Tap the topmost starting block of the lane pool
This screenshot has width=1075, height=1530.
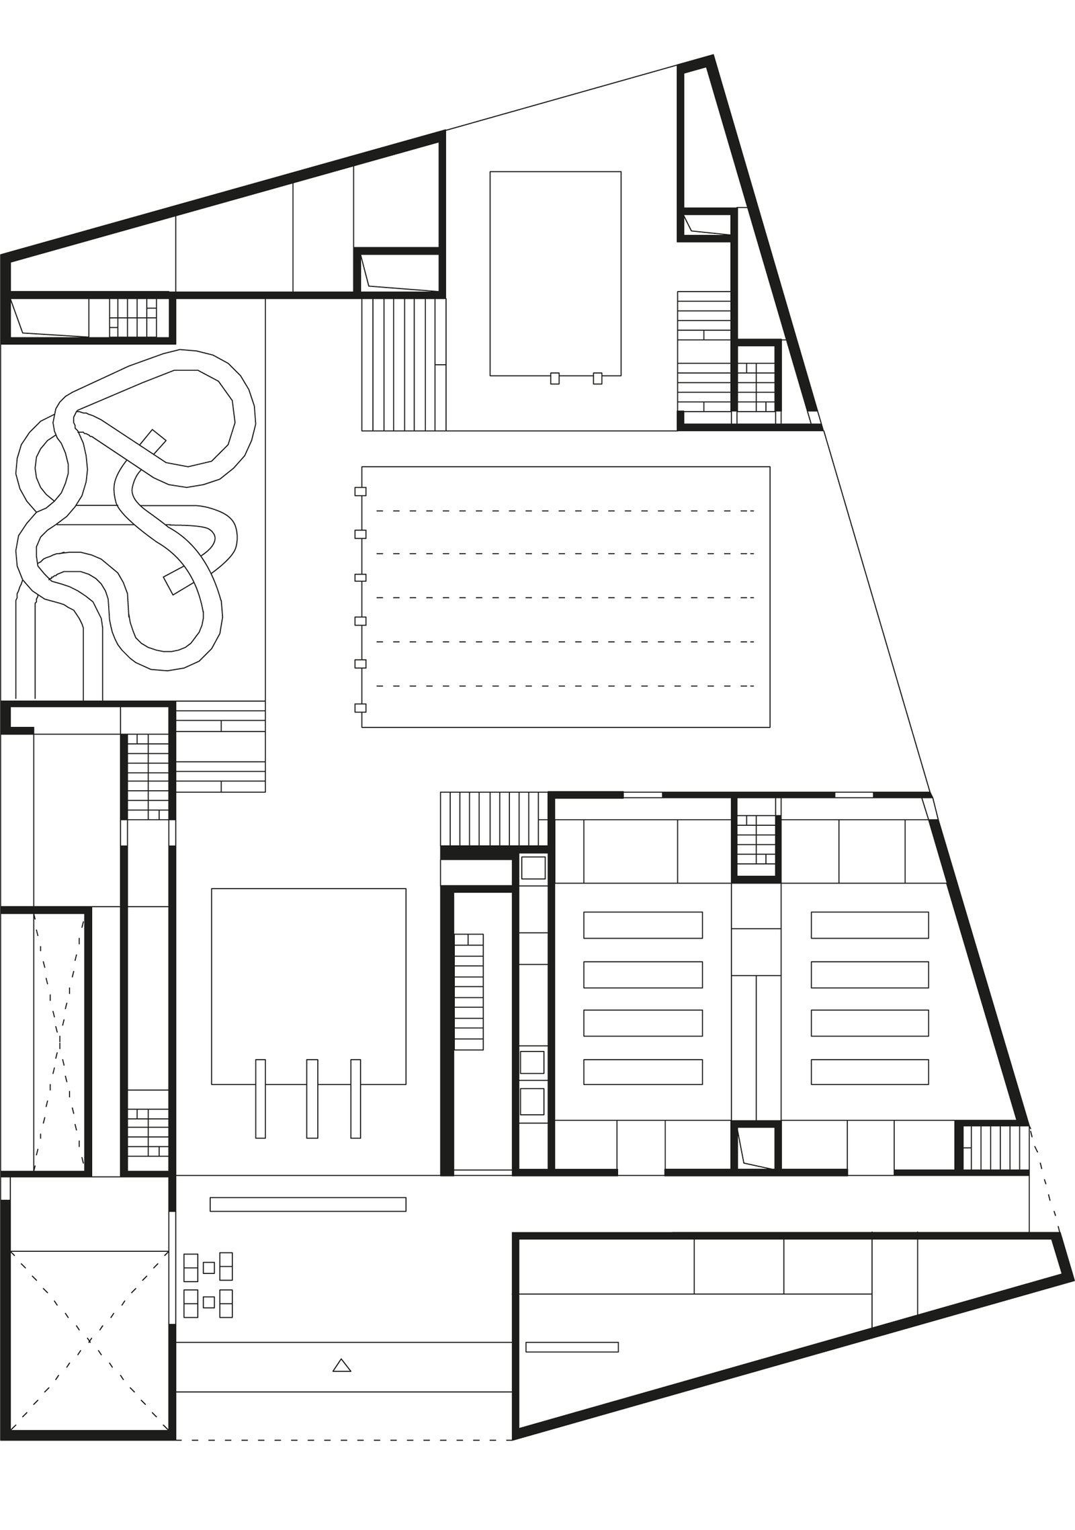(x=360, y=491)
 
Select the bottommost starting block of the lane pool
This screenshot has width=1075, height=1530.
(x=360, y=708)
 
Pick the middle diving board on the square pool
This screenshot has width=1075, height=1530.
(x=312, y=1099)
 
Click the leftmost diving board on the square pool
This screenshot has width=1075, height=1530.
(x=261, y=1099)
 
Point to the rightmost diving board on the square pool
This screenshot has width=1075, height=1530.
(x=355, y=1099)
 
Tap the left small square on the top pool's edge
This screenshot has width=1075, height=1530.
(x=554, y=378)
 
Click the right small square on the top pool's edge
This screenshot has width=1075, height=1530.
(x=597, y=378)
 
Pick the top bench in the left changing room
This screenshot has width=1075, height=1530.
(x=642, y=925)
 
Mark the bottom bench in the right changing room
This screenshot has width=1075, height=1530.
(x=869, y=1072)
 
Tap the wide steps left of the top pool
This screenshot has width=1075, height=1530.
(x=403, y=364)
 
